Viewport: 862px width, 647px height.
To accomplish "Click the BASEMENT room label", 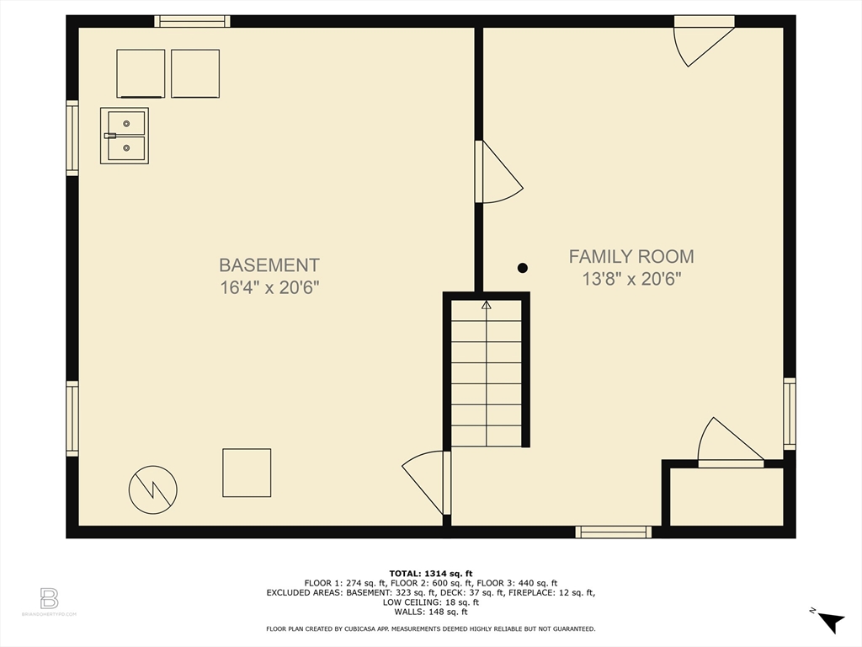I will [x=269, y=265].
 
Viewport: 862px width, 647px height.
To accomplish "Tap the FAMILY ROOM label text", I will [x=631, y=256].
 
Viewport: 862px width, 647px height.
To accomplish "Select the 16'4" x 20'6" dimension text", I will [x=269, y=287].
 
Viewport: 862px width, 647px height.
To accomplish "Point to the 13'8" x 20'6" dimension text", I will [x=631, y=279].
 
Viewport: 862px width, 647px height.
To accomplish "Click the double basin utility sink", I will [x=125, y=136].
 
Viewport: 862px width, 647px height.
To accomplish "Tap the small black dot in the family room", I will [x=523, y=268].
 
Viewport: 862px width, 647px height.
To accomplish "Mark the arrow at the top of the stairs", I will [x=486, y=305].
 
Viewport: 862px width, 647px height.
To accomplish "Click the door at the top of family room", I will [x=705, y=40].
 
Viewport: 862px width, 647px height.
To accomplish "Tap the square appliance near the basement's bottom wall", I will [x=247, y=473].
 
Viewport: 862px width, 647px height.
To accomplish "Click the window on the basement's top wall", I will [x=192, y=21].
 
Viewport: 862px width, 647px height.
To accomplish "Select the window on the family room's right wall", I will [x=790, y=413].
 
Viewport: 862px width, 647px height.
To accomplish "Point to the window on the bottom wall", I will [x=613, y=532].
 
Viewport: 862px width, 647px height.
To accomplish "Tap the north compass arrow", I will [x=831, y=622].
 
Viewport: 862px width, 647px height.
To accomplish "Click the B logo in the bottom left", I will [x=49, y=599].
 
